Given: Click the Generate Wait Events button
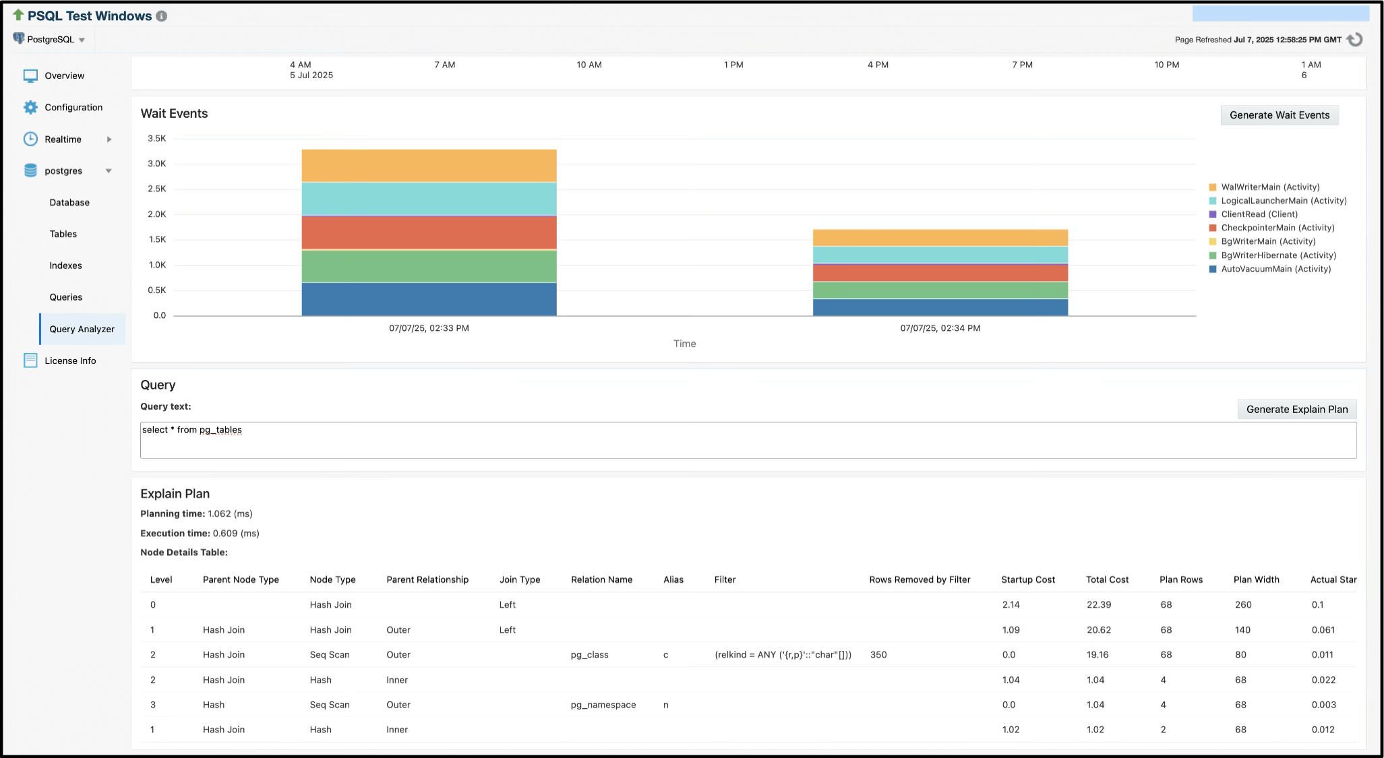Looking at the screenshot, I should (1279, 115).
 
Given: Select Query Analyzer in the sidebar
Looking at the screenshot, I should (82, 329).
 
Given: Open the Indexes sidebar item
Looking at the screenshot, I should (65, 265).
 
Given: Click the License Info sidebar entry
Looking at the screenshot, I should (70, 360).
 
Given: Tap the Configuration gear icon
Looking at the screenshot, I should (30, 107).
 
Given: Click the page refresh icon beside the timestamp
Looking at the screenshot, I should (1354, 40).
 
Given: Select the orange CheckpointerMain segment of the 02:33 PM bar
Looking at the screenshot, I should (429, 232).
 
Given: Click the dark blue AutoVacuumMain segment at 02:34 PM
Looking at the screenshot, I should (940, 307).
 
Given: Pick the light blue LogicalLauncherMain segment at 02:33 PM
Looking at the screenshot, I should (429, 199).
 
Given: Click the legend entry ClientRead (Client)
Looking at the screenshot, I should (1259, 214).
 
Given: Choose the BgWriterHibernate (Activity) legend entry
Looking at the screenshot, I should (1277, 255).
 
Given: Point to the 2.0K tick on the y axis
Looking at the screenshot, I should (157, 214).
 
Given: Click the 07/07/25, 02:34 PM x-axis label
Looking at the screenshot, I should (940, 328).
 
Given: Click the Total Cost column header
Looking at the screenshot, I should (1107, 579).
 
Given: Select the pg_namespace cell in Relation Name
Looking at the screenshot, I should (603, 705).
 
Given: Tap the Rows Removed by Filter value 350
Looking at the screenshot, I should (878, 654).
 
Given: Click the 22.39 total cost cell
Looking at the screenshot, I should (1098, 604).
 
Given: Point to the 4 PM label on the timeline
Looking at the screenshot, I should (878, 65).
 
